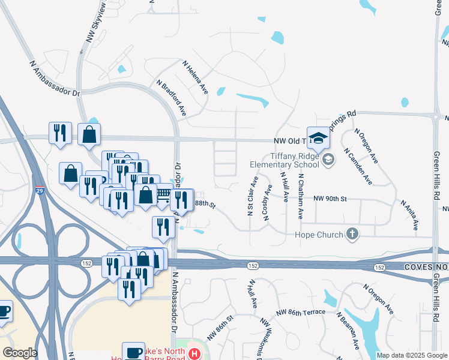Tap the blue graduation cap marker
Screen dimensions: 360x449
318,139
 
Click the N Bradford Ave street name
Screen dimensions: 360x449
172,98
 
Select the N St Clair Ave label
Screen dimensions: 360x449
250,196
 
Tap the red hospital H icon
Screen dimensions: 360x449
194,354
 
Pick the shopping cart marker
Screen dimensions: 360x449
163,194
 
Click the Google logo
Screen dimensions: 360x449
20,352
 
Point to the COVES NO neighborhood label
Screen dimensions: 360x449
426,266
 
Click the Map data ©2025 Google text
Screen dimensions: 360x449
411,355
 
